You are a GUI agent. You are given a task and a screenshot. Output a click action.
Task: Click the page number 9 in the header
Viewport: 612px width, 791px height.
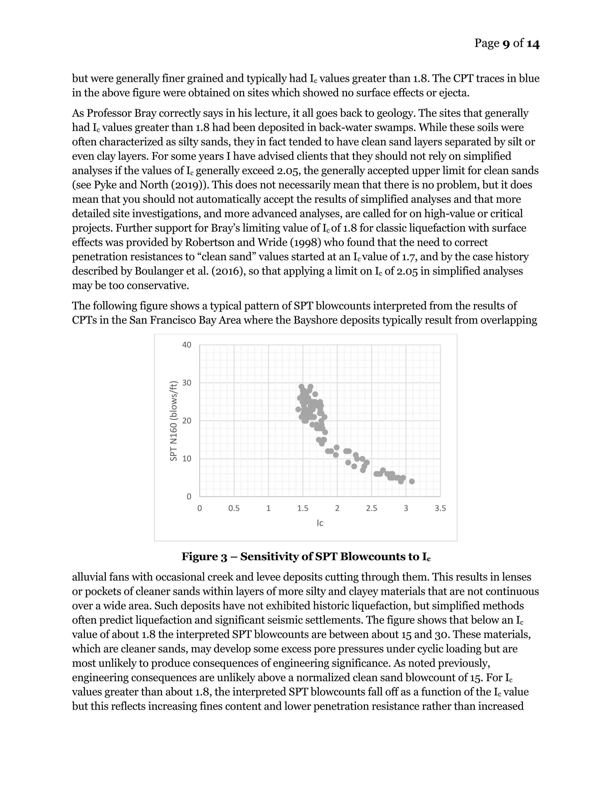[x=506, y=44]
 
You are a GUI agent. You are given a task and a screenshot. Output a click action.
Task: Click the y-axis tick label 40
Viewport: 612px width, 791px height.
[x=187, y=345]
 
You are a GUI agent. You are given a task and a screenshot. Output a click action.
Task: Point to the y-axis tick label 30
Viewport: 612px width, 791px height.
[x=187, y=383]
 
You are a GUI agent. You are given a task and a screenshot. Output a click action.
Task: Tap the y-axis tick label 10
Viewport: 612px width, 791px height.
[x=187, y=458]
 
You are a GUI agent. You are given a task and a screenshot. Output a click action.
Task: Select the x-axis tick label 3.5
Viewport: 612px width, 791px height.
[x=440, y=509]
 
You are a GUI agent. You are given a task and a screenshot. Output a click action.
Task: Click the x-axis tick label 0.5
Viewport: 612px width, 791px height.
[x=234, y=509]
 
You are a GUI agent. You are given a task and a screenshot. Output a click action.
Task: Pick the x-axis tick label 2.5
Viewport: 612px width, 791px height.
[x=371, y=509]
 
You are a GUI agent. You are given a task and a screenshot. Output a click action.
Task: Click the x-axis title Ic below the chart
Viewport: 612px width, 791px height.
[x=320, y=523]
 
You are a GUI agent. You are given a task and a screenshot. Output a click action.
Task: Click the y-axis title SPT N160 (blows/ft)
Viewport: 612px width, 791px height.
[x=174, y=421]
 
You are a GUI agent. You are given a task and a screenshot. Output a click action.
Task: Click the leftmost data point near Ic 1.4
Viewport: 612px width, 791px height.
[x=299, y=409]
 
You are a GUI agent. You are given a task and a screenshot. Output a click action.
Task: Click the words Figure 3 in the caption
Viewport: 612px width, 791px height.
[x=204, y=557]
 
